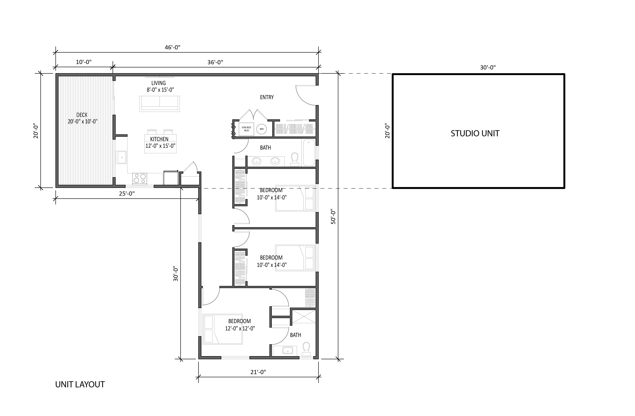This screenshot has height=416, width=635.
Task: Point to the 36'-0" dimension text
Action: (215, 62)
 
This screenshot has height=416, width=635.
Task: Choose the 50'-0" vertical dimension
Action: (333, 216)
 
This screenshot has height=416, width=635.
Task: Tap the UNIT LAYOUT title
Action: (80, 384)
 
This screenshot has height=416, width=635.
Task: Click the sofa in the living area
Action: (160, 104)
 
